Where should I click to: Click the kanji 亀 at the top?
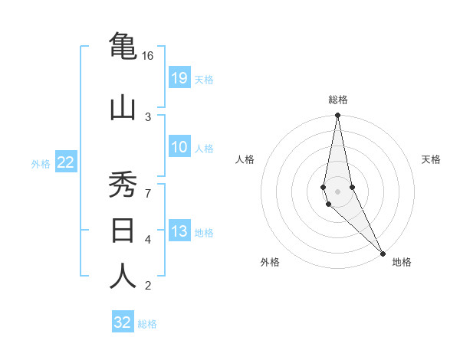click(123, 47)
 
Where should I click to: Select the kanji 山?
click(123, 108)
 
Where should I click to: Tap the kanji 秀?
click(123, 185)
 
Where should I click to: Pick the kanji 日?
click(123, 230)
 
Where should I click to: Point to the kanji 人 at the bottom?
click(123, 276)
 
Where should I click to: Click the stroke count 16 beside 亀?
click(148, 56)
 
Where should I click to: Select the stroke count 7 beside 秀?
click(148, 193)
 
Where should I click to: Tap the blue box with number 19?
click(179, 78)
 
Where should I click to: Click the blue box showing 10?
click(179, 148)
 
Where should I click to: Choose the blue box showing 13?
click(179, 231)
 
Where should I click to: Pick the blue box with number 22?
click(66, 162)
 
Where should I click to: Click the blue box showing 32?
click(123, 322)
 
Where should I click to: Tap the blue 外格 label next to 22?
click(40, 163)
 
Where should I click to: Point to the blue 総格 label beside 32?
click(147, 324)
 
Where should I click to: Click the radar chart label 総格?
click(338, 100)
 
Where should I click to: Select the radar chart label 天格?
click(432, 159)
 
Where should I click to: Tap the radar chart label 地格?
click(402, 262)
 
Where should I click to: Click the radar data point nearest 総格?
click(338, 116)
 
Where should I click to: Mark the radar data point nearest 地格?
click(383, 252)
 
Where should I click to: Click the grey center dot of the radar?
click(338, 191)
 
